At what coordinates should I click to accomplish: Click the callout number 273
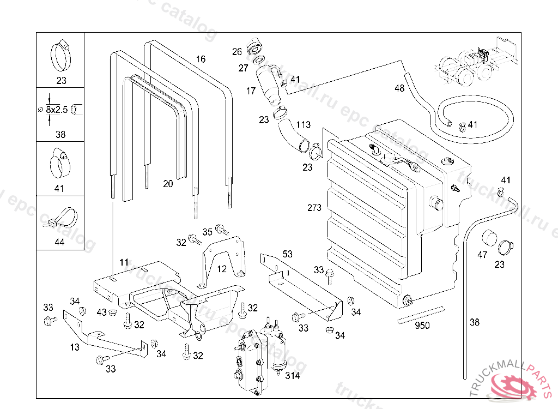click(x=314, y=208)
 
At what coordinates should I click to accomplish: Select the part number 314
click(x=292, y=376)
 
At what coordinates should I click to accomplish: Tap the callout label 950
click(x=422, y=326)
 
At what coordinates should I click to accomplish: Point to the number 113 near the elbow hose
click(x=304, y=125)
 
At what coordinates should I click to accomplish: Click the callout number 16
click(x=201, y=59)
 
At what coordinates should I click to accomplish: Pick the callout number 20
click(x=168, y=184)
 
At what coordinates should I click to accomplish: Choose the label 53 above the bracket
click(x=288, y=254)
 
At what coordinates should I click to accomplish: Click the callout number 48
click(x=399, y=88)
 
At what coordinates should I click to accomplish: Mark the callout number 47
click(x=482, y=255)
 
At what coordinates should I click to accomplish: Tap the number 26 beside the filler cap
click(x=236, y=52)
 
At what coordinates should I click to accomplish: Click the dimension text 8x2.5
click(x=57, y=110)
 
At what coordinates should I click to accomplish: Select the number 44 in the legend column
click(x=59, y=242)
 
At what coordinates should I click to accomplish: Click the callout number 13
click(x=75, y=347)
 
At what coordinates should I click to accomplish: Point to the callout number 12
click(x=221, y=269)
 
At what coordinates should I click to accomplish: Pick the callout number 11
click(x=124, y=262)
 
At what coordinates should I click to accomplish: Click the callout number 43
click(x=101, y=312)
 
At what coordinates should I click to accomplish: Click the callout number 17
click(x=251, y=91)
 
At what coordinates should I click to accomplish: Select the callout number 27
click(x=243, y=68)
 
